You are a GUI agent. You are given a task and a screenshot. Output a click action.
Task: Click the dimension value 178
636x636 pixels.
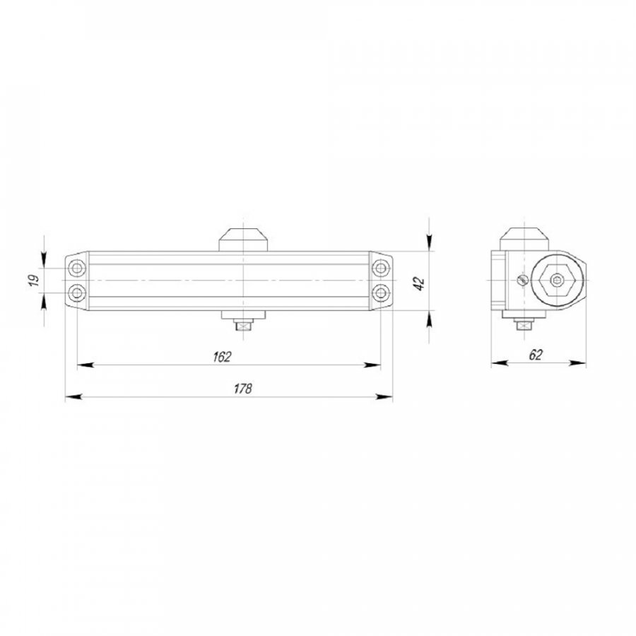pos(243,389)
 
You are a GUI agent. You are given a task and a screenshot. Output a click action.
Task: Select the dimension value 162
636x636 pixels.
pos(222,357)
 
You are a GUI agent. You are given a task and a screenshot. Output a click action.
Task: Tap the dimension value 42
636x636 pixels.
pos(418,283)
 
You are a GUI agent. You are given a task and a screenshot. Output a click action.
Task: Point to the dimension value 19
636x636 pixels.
pos(34,280)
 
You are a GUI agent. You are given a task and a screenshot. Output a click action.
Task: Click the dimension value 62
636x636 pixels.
pos(536,355)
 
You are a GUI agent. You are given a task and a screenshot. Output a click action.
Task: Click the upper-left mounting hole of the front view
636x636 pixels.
pos(76,268)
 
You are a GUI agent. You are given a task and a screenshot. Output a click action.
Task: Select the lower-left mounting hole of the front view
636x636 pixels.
pos(76,293)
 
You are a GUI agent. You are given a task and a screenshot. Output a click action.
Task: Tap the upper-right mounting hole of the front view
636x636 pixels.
pos(381,268)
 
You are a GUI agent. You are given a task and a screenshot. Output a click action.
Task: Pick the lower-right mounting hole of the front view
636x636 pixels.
pos(381,293)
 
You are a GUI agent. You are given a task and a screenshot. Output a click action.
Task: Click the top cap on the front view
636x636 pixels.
pos(243,240)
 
